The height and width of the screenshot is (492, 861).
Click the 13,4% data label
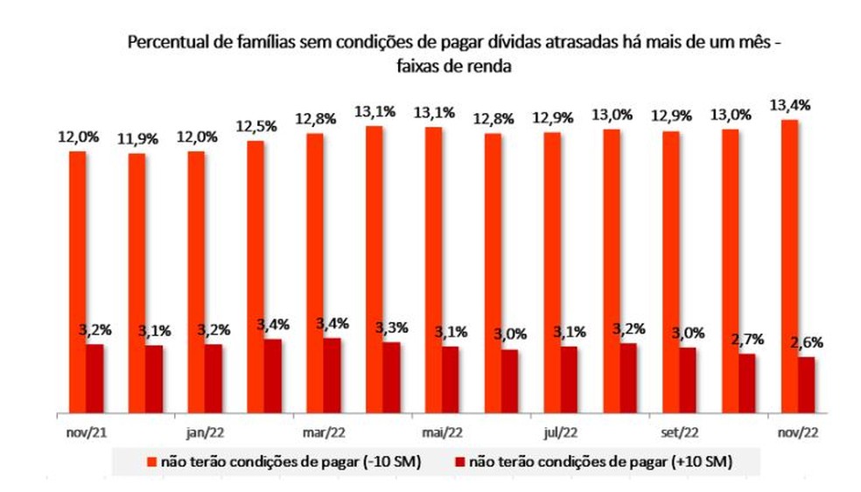click(790, 105)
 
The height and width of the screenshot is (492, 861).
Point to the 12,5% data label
click(255, 126)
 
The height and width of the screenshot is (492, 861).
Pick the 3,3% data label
click(389, 327)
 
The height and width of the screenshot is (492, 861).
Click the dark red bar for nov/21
click(94, 377)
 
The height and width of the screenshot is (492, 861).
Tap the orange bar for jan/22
click(196, 281)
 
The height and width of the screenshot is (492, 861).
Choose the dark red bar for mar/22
click(332, 375)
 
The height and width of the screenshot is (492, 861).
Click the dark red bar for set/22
click(688, 379)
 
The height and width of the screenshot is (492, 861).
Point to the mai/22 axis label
click(442, 432)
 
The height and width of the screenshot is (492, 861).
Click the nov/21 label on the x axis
click(85, 432)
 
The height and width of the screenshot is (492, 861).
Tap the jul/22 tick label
click(561, 432)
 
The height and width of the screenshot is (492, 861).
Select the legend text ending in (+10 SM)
click(599, 460)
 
